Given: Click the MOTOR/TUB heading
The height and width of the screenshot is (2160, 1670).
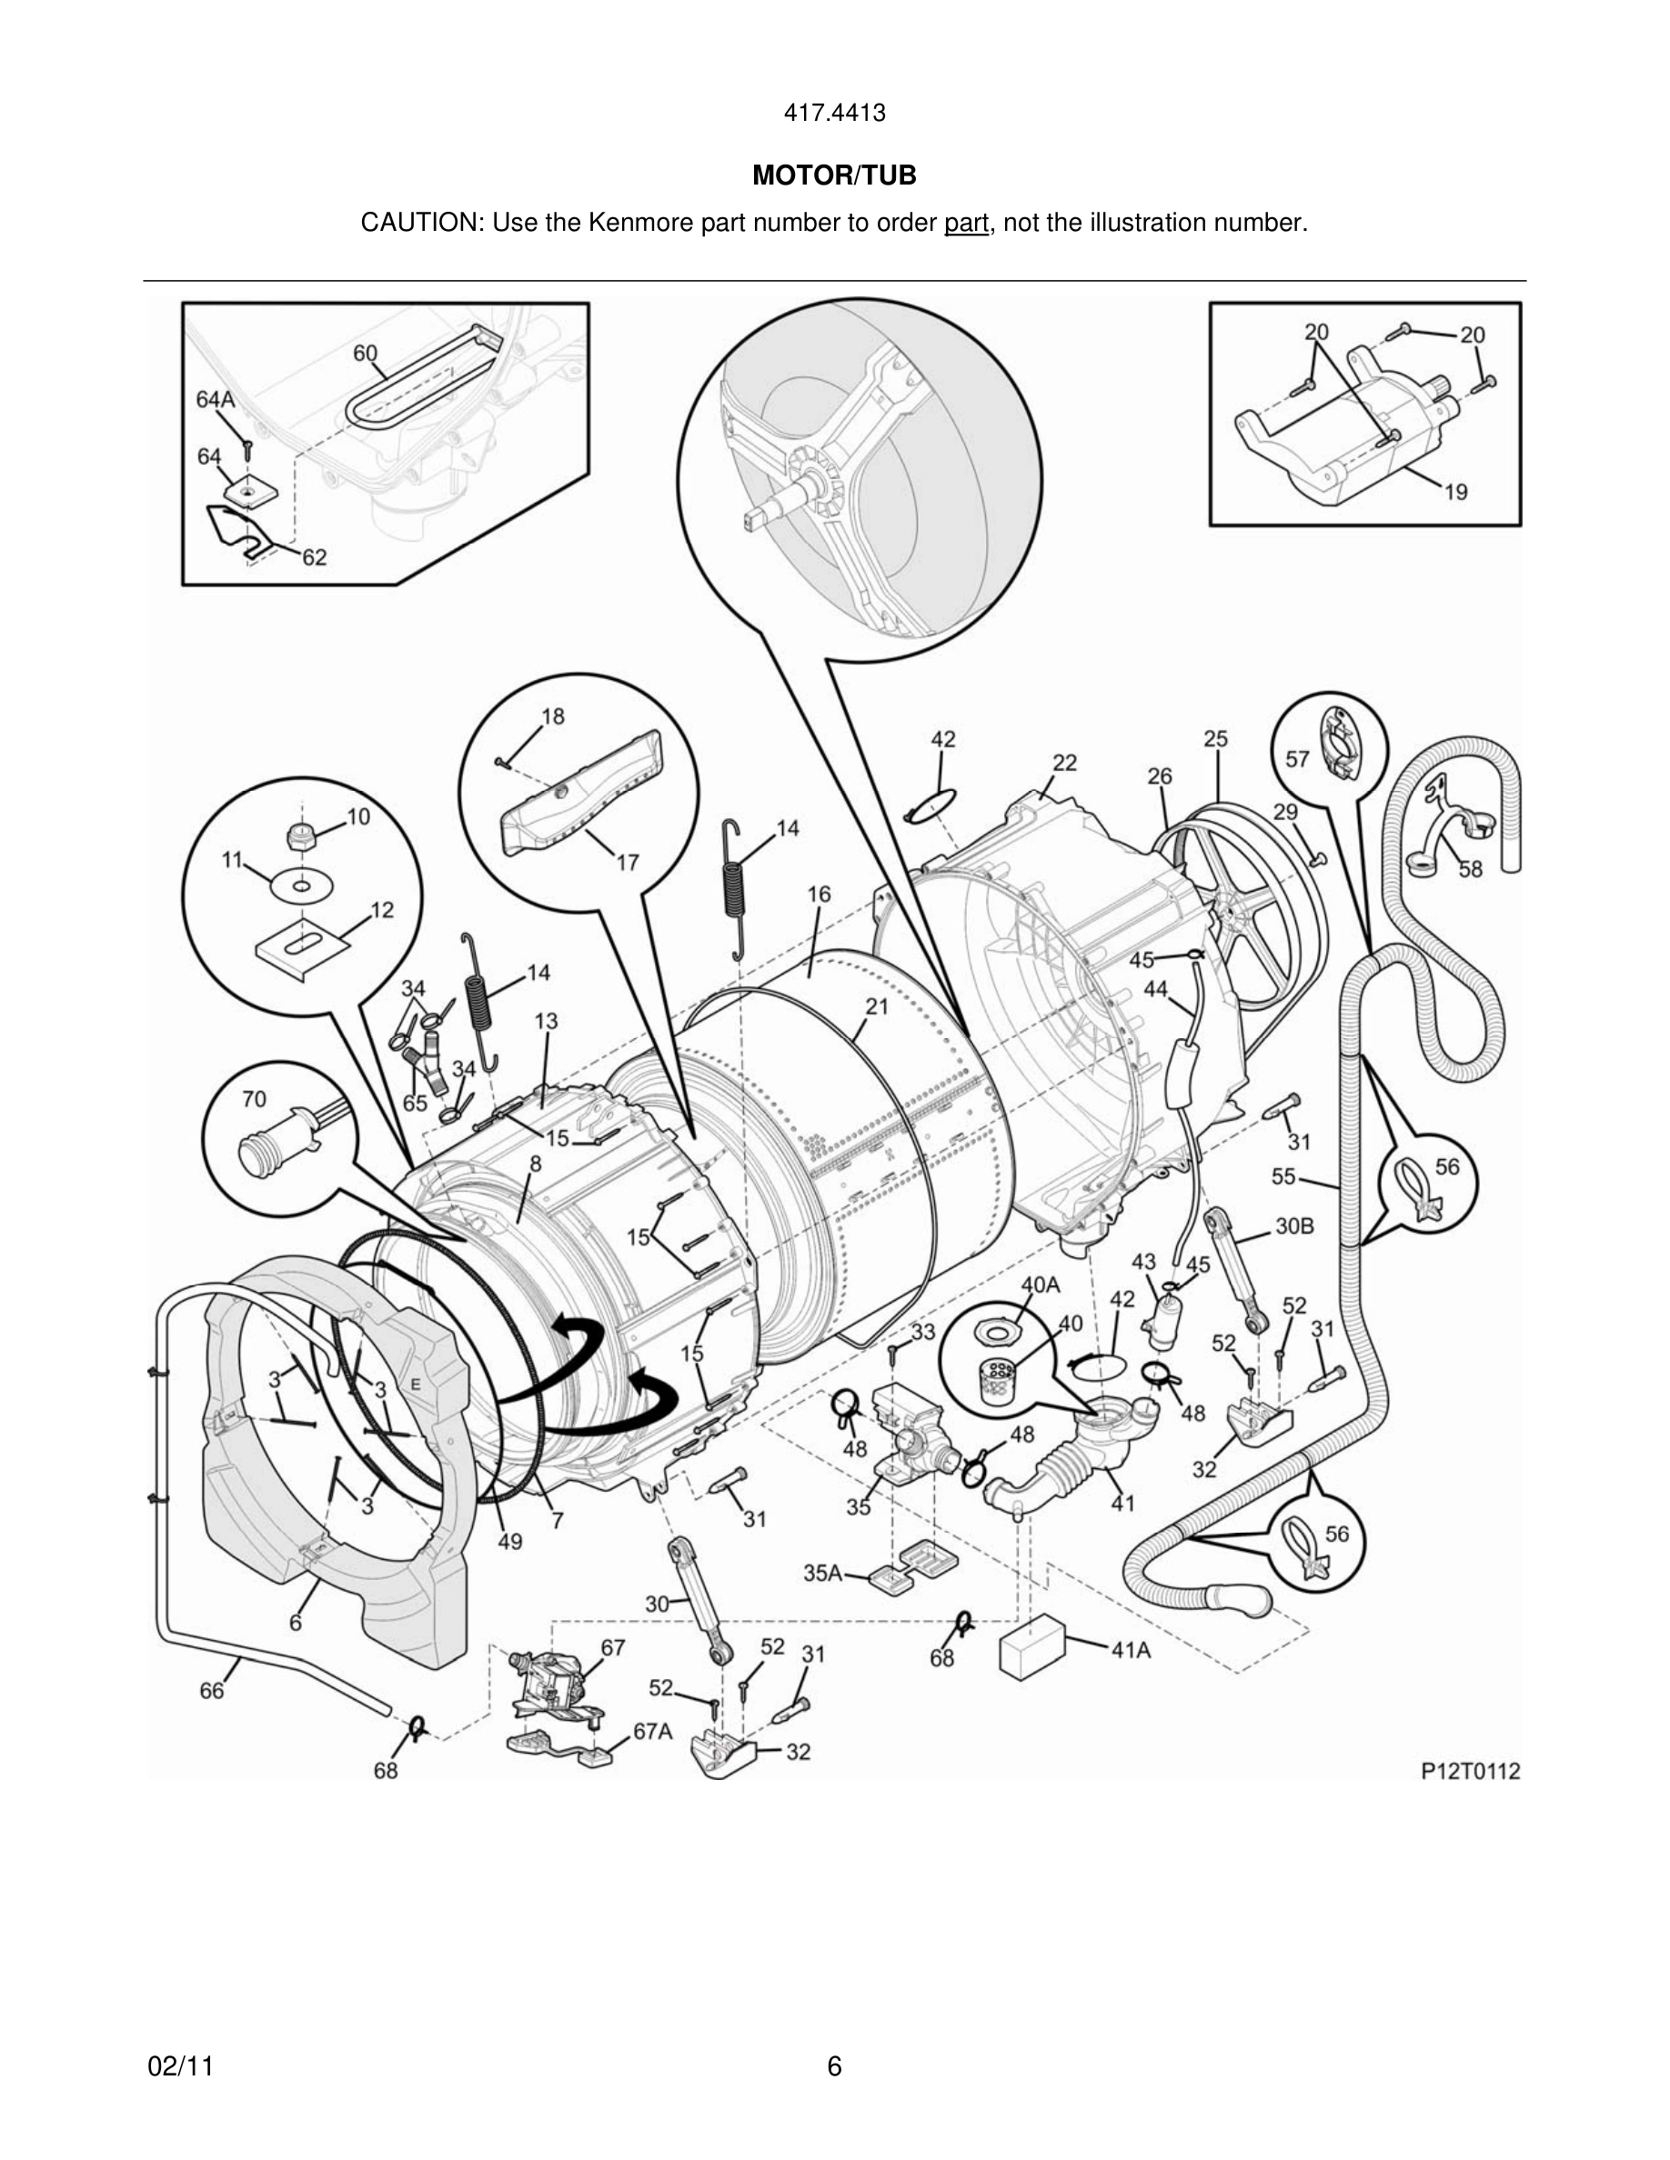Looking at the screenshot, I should click(x=834, y=176).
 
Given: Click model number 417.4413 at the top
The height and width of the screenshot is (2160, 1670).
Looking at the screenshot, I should click(x=834, y=114).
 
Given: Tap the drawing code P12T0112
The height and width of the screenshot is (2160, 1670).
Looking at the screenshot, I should click(x=1470, y=1771).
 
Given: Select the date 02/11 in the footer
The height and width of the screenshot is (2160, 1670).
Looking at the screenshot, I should click(x=180, y=2066).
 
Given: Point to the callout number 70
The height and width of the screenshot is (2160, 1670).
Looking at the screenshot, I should click(x=255, y=1098).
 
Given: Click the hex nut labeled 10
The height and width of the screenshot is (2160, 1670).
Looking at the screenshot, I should click(x=297, y=836).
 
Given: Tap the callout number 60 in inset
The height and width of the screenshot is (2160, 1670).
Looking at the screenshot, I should click(x=365, y=353).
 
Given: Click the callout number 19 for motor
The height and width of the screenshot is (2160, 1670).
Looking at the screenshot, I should click(x=1455, y=491).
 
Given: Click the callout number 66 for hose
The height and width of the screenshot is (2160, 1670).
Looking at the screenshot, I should click(x=212, y=1690).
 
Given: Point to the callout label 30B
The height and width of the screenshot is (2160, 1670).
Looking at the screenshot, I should click(x=1294, y=1226).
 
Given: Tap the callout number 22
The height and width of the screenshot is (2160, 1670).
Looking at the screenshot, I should click(x=1064, y=763).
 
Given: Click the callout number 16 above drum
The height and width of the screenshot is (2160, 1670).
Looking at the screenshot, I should click(x=819, y=894).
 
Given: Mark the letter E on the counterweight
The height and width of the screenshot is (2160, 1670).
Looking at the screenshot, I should click(x=416, y=1385).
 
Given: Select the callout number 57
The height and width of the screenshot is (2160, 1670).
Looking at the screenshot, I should click(x=1297, y=758).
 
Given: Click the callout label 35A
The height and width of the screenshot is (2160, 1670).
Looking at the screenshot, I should click(x=822, y=1572).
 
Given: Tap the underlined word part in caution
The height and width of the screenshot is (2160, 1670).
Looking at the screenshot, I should click(x=966, y=224).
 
